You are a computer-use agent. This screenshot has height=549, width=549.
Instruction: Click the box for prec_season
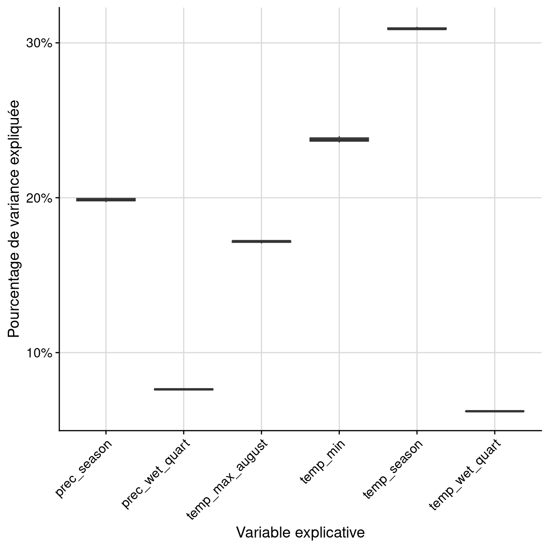[106, 199]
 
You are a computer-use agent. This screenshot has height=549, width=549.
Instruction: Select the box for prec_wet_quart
[183, 389]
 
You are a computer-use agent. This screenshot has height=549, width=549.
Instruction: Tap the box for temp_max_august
[261, 241]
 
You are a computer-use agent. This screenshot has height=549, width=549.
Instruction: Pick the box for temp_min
[339, 140]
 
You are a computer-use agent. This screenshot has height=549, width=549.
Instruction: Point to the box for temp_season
[417, 29]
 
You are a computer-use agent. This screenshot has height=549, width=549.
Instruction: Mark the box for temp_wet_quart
[494, 411]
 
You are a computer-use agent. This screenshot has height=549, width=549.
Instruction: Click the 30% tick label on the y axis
[39, 43]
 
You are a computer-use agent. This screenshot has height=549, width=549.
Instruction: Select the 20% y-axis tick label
[39, 198]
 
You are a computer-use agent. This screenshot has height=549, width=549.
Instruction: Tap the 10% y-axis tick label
[39, 353]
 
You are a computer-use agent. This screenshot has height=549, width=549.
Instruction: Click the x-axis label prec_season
[84, 468]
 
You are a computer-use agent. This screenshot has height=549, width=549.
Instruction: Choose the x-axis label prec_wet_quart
[156, 474]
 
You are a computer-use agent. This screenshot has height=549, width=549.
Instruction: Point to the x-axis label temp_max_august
[227, 479]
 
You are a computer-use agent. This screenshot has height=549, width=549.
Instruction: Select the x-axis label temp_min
[323, 462]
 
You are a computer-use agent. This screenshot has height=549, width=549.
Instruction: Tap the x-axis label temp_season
[393, 469]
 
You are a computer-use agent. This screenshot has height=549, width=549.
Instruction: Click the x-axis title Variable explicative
[300, 533]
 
